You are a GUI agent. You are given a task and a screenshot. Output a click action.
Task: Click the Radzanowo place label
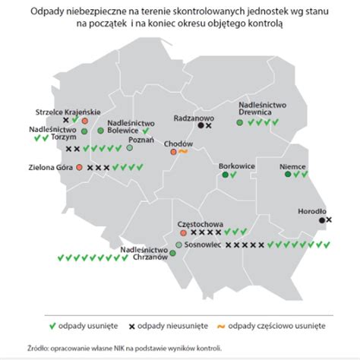point(194,118)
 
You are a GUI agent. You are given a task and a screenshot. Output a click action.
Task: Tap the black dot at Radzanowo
point(200,127)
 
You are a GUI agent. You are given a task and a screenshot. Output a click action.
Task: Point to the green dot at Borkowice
point(226,175)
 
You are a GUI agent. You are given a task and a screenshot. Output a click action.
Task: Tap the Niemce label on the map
point(292,163)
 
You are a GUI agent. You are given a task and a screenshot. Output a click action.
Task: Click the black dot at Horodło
point(321,220)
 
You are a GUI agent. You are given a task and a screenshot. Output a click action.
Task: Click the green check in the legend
point(52,325)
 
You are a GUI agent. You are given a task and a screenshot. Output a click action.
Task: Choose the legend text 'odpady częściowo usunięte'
point(277,325)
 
